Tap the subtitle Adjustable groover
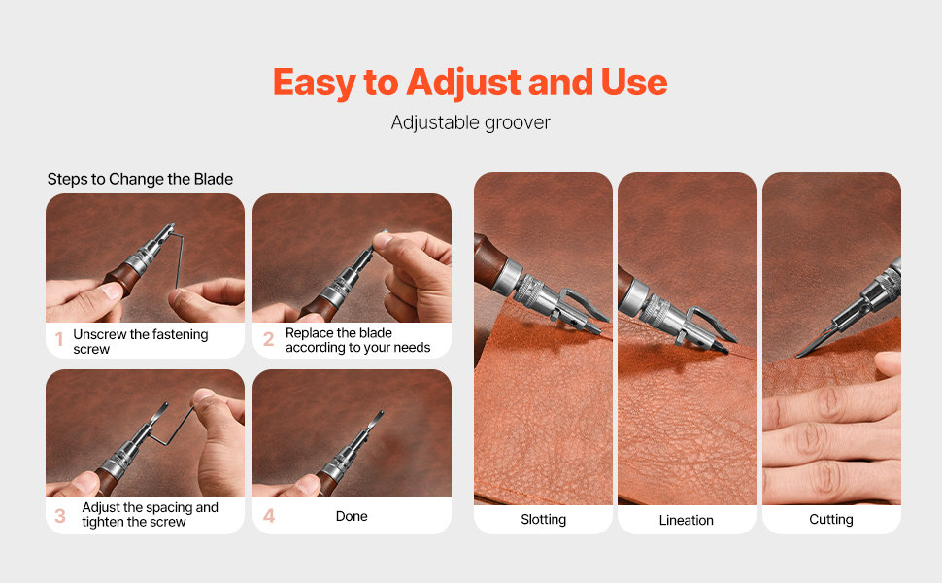[x=470, y=123]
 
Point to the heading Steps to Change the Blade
[x=140, y=179]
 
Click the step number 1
[x=59, y=339]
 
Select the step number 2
[x=269, y=339]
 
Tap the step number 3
[x=60, y=516]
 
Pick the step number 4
[x=269, y=516]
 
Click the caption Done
[x=352, y=516]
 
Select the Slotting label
[x=543, y=519]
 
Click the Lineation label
[x=686, y=520]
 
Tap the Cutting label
[x=831, y=519]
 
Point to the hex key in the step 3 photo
[x=173, y=428]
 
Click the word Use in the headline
[x=634, y=83]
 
